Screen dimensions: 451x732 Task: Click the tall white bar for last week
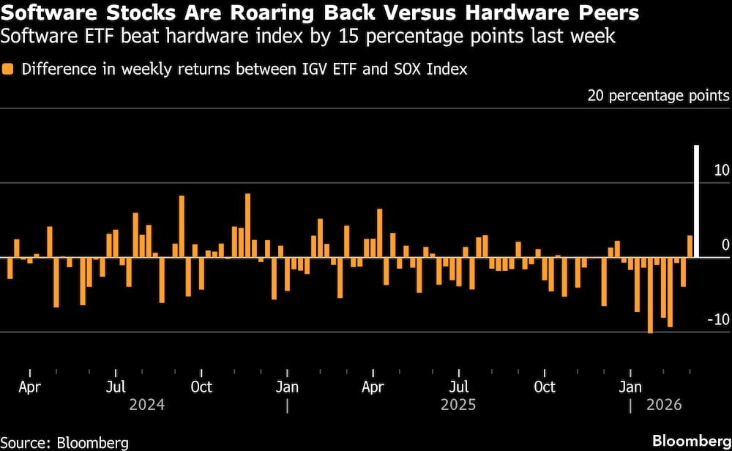tap(696, 201)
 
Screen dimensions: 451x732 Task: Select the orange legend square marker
tap(8, 70)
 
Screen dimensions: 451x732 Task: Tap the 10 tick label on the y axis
tap(721, 170)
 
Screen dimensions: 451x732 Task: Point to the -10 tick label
tap(718, 319)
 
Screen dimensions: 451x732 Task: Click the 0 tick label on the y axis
tap(725, 245)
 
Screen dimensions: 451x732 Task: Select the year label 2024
tap(146, 405)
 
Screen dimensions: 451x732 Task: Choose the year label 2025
tap(458, 405)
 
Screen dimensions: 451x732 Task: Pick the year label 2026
tap(663, 405)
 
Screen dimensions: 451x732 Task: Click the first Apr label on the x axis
tap(29, 386)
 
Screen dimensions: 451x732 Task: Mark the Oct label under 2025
tap(544, 386)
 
